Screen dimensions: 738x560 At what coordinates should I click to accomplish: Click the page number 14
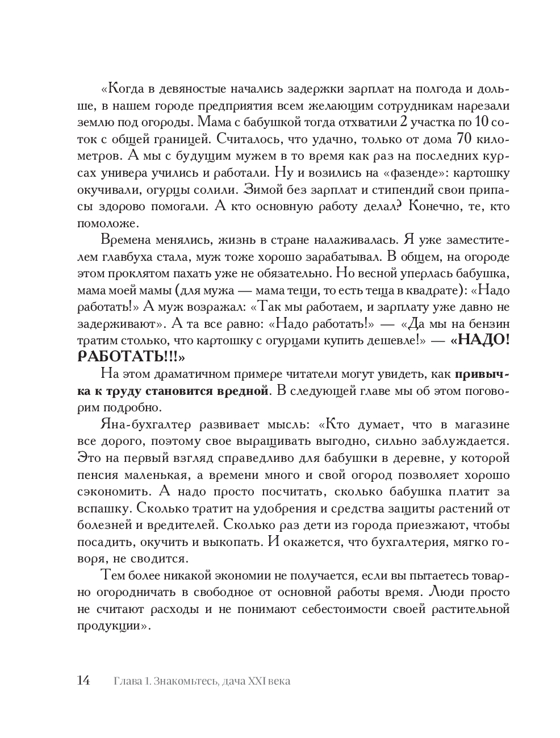pyautogui.click(x=83, y=681)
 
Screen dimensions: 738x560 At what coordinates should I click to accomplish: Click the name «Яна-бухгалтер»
pyautogui.click(x=146, y=424)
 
